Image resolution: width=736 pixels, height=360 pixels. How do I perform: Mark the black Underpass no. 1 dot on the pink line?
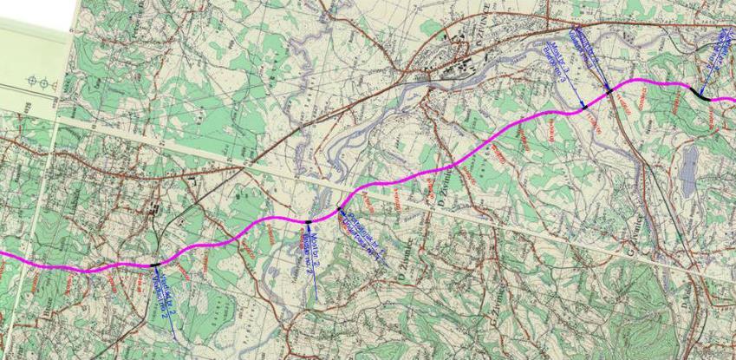(x=339, y=211)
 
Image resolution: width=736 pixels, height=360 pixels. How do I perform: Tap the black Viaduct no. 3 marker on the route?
(x=609, y=89)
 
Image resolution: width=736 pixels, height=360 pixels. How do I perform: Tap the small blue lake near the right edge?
(x=689, y=168)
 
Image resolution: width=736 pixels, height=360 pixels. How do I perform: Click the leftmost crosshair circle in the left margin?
(x=31, y=82)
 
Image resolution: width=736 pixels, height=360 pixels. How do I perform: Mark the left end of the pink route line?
(x=3, y=254)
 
